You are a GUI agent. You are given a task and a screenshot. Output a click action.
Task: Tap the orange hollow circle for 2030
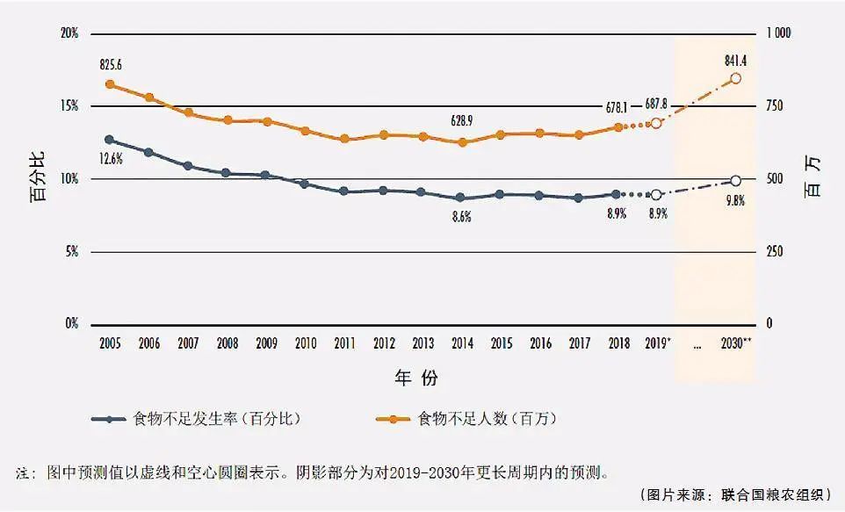pos(736,78)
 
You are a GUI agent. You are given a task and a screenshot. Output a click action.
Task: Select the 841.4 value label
pos(735,61)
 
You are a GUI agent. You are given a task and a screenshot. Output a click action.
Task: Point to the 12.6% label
pos(111,158)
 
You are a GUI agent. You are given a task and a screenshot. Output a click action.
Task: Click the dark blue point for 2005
pos(109,140)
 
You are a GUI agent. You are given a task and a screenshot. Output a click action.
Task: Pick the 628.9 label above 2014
pos(462,122)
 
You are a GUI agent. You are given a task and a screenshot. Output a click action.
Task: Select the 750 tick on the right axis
pos(781,106)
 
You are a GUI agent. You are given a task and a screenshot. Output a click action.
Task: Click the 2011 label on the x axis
pos(344,343)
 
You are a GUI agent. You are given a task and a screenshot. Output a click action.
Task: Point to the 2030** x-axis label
pos(735,343)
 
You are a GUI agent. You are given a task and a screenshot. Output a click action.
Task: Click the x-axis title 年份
pos(415,379)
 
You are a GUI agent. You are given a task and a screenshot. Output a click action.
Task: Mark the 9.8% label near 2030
pos(735,200)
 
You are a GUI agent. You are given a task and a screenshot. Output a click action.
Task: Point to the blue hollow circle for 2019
pos(655,195)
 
